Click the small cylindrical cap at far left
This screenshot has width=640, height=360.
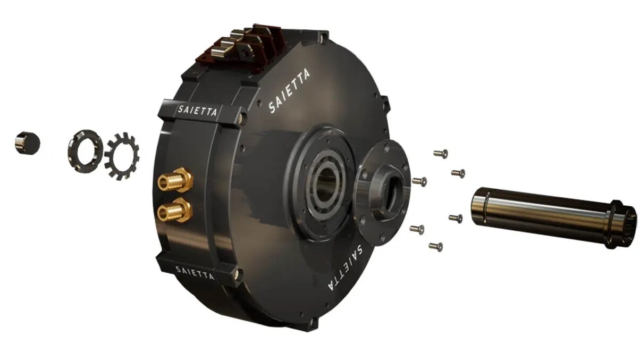pos(27,144)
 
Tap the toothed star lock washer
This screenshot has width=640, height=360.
pos(122,156)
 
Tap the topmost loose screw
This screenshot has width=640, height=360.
pos(441,154)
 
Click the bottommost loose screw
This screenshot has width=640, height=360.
pos(436,246)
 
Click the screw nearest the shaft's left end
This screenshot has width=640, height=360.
pos(456,218)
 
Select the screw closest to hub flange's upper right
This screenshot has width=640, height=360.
pos(420,181)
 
